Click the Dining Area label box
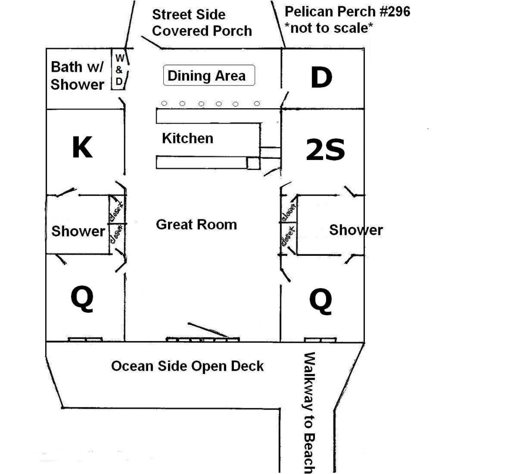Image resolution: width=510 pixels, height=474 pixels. [x=209, y=75]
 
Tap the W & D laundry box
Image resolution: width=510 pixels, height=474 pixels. [x=119, y=69]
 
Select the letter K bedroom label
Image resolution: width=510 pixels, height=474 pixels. [x=82, y=147]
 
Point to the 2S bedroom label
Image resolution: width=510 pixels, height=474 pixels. [x=325, y=150]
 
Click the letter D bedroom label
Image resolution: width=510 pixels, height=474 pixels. [x=321, y=78]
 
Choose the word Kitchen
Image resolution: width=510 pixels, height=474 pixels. [x=188, y=138]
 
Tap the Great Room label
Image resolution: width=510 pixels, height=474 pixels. [x=196, y=224]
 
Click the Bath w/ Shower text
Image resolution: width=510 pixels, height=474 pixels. [x=78, y=75]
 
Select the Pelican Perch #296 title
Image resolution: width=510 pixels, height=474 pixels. [x=347, y=11]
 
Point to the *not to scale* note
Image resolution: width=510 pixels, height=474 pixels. [x=329, y=28]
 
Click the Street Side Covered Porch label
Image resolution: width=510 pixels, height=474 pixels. [x=202, y=23]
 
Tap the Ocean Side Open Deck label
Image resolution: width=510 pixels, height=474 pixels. [x=187, y=366]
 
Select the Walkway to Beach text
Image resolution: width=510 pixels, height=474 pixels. [x=309, y=412]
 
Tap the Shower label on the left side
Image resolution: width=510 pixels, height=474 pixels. [x=78, y=231]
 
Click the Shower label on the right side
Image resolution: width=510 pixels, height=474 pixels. [x=356, y=230]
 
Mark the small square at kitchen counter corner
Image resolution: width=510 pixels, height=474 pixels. [x=253, y=163]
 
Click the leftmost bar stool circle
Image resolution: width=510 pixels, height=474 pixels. [x=164, y=103]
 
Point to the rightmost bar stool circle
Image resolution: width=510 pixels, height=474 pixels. [x=257, y=104]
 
